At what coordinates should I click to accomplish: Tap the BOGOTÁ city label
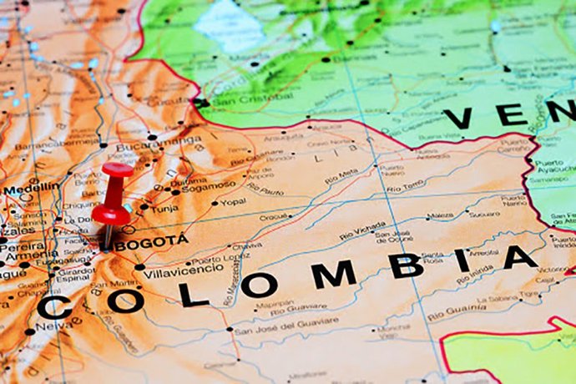(x=152, y=242)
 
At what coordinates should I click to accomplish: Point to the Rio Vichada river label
(x=362, y=231)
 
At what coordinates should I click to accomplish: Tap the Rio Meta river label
(x=341, y=175)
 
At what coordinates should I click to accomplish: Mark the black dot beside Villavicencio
(x=139, y=267)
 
